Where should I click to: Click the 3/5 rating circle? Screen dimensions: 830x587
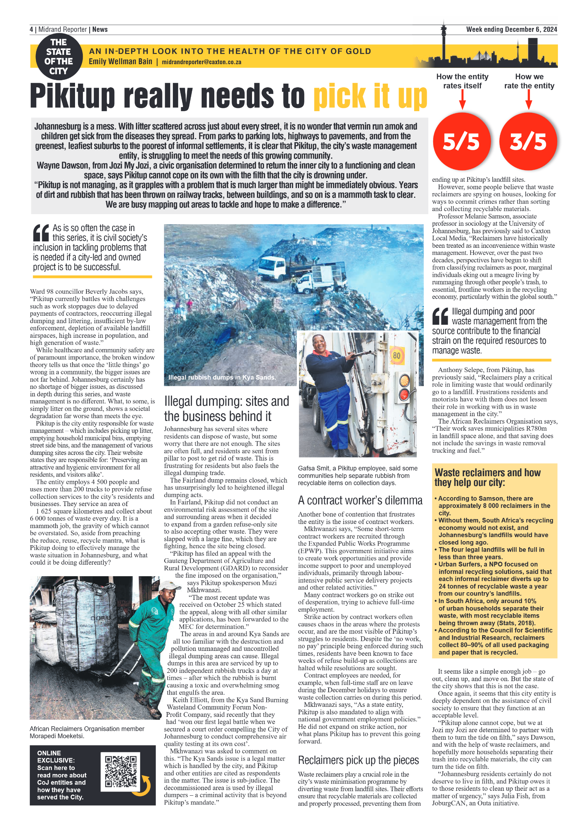[x=528, y=141]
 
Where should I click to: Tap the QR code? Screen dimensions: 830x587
[x=120, y=771]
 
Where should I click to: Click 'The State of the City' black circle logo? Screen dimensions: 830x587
[x=59, y=57]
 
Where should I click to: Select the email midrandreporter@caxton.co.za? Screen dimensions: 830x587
[x=201, y=62]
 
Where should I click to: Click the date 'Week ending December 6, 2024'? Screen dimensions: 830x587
[x=511, y=29]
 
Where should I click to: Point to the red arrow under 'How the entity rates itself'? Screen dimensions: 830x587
[x=462, y=100]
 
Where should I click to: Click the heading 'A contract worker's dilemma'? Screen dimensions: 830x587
[x=360, y=500]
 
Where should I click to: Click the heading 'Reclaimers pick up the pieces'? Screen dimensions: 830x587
[x=358, y=760]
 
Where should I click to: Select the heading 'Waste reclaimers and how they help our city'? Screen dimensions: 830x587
[x=487, y=477]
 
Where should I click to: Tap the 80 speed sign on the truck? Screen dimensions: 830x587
[x=397, y=355]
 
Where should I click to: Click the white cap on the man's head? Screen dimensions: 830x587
[x=167, y=586]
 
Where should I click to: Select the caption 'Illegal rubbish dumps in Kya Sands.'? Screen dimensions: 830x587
[x=222, y=377]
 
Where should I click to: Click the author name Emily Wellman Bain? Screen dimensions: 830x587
[x=120, y=62]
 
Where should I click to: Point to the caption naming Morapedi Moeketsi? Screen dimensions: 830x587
[x=87, y=732]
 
